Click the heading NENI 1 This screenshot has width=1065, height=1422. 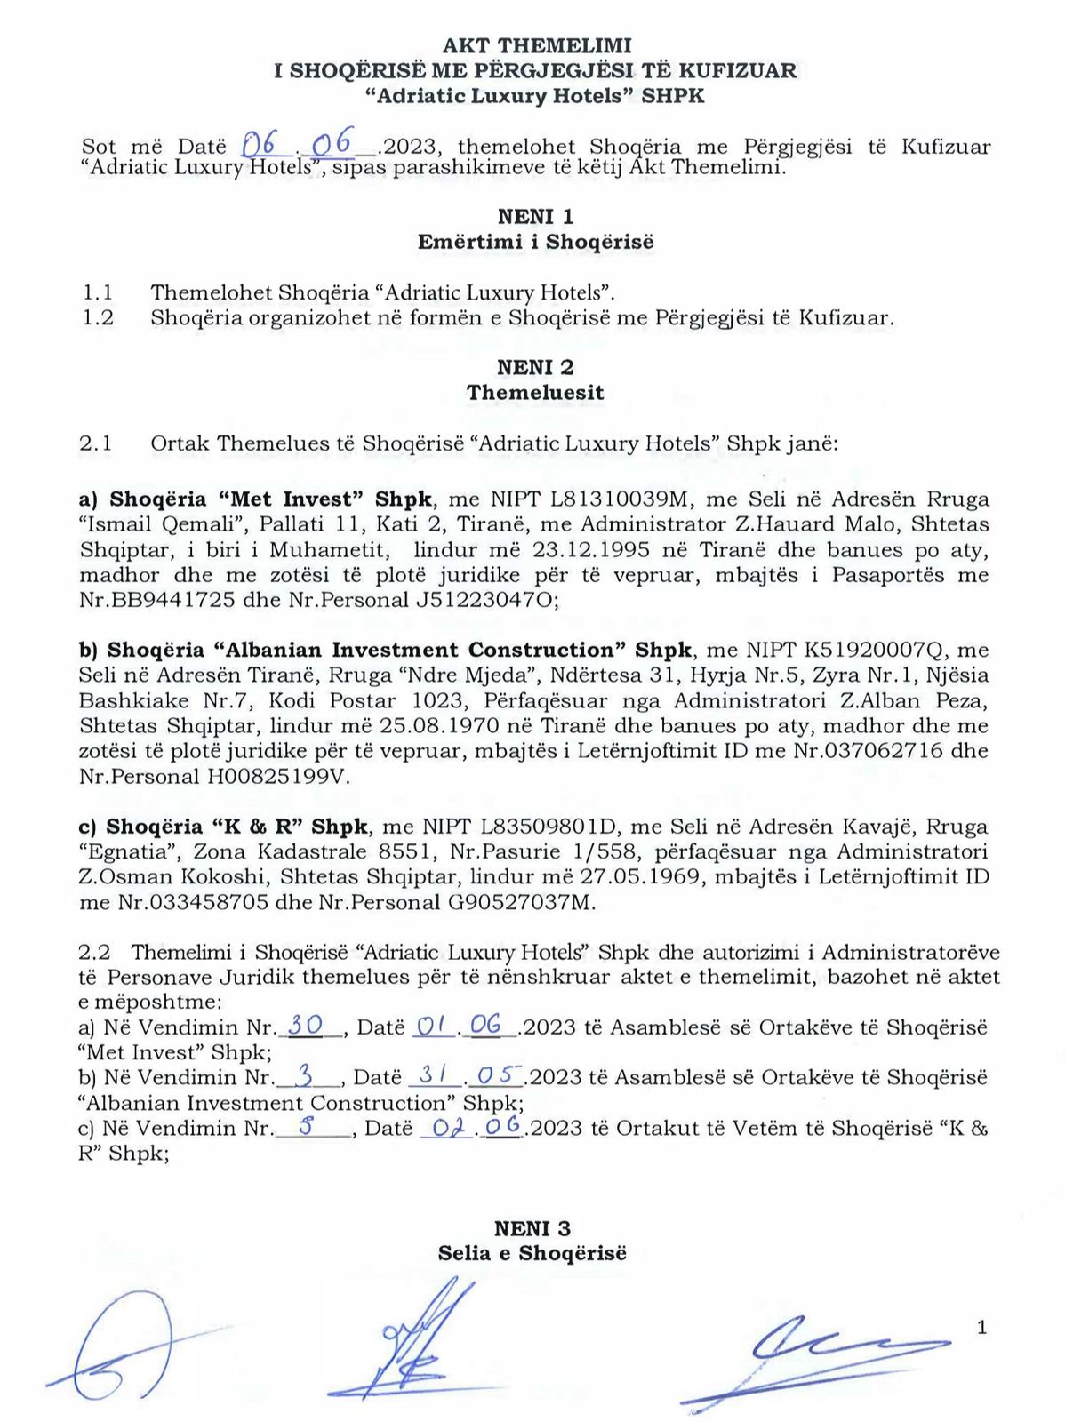(x=535, y=216)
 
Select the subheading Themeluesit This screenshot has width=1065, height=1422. (x=535, y=393)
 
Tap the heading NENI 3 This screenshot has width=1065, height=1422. (x=532, y=1228)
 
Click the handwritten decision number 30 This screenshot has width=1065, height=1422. (x=306, y=1025)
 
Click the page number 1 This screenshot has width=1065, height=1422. (x=981, y=1328)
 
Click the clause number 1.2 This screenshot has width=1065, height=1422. (x=98, y=317)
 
